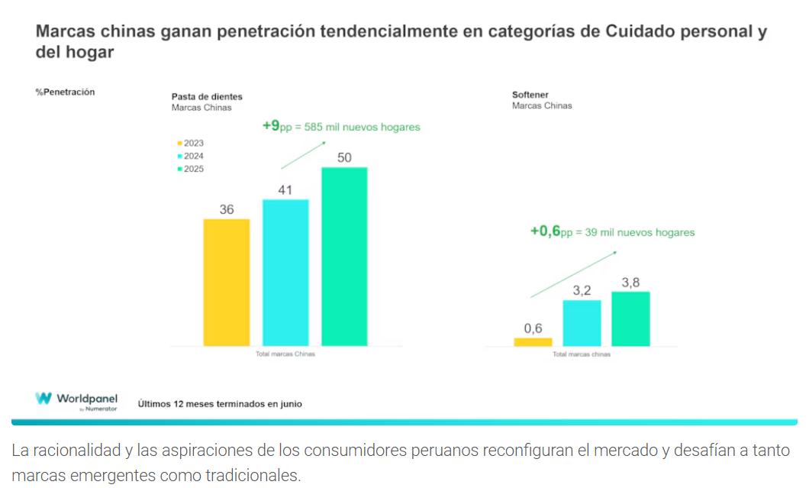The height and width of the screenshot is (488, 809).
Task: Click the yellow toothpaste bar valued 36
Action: click(227, 282)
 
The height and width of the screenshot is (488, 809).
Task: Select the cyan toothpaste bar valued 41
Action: click(285, 272)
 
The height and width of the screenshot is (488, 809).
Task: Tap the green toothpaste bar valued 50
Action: click(344, 256)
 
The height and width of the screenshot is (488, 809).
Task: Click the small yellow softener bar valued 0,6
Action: click(533, 341)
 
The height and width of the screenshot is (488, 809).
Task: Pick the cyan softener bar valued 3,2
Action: click(582, 322)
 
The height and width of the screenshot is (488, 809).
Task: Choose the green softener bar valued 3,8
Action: click(631, 318)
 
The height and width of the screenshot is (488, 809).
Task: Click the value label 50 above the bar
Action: click(344, 157)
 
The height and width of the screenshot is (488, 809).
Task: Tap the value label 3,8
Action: click(631, 283)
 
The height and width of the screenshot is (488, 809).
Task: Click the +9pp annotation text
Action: click(340, 126)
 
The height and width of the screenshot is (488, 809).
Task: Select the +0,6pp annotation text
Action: click(612, 231)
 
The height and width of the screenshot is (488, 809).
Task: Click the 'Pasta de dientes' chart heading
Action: click(207, 97)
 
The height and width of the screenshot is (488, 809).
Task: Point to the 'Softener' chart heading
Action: click(530, 95)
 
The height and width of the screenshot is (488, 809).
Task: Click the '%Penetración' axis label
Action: click(65, 92)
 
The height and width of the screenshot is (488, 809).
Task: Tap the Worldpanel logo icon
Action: click(44, 399)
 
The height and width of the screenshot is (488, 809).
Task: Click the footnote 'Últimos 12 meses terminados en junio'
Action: click(220, 404)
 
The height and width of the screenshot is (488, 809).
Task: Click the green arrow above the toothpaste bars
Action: click(303, 156)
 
